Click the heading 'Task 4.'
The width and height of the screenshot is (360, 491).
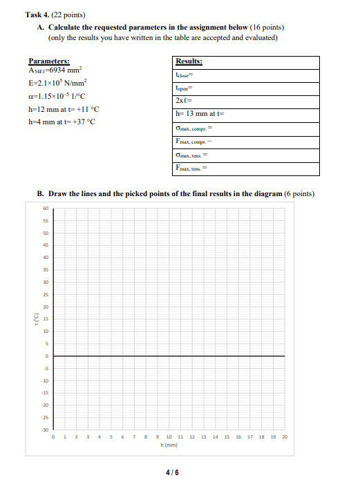point(37,15)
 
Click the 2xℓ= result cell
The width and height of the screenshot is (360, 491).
point(247,101)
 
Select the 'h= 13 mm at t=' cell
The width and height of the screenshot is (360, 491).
point(247,114)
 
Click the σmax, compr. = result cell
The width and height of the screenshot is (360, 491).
point(247,128)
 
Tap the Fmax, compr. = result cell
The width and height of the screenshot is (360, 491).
point(247,141)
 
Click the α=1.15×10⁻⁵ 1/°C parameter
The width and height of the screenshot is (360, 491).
point(59,95)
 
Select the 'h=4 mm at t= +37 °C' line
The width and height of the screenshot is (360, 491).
point(61,122)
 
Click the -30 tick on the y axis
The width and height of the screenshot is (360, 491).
point(45,430)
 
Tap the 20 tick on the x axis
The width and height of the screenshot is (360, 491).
point(285,437)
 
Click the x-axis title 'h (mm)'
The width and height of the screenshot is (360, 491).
point(169,445)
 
